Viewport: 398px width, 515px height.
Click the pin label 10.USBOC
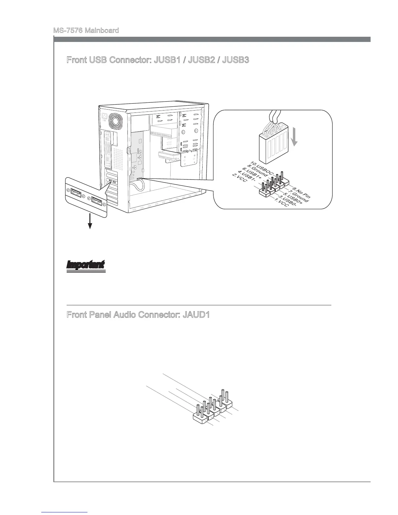(x=262, y=167)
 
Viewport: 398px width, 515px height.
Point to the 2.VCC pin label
(x=239, y=180)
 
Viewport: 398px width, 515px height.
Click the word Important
(x=86, y=265)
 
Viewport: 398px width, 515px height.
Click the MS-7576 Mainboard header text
(x=86, y=31)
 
